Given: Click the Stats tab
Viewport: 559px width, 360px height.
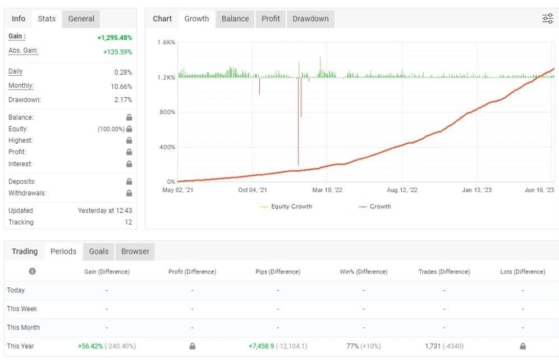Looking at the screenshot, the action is pos(47,19).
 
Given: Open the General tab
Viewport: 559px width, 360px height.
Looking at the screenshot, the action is pos(81,19).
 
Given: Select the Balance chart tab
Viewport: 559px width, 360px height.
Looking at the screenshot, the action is pos(235,19).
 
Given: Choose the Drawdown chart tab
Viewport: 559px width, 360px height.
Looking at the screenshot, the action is pos(310,19).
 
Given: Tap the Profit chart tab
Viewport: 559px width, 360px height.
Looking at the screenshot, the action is pos(271,19).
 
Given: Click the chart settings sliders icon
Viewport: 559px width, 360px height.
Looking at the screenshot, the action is pos(548,19).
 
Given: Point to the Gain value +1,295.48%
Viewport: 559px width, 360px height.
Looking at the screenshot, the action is pos(114,38).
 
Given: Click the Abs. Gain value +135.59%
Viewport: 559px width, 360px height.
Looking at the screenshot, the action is pos(118,52).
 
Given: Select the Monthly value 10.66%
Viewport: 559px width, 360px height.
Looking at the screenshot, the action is pos(121,86).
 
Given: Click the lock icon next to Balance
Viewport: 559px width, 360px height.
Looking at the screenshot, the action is pos(129,117).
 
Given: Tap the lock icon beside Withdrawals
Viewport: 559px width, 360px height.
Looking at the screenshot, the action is pos(129,193).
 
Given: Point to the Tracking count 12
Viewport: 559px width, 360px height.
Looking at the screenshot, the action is pos(129,222).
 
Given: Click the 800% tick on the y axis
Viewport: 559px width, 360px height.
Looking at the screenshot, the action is pos(167,112).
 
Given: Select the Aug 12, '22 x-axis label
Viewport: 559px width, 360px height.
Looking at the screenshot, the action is pos(402,190).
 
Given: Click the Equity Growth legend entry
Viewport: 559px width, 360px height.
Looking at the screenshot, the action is pos(286,206).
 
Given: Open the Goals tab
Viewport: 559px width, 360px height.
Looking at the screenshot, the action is pos(99,251).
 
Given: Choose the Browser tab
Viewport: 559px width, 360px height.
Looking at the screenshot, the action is pos(135,251).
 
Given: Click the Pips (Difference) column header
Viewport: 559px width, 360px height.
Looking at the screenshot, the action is pos(278,271).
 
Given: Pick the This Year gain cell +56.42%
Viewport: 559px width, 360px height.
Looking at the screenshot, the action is pos(90,346).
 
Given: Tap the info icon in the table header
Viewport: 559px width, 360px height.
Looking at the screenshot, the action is pos(32,271).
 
